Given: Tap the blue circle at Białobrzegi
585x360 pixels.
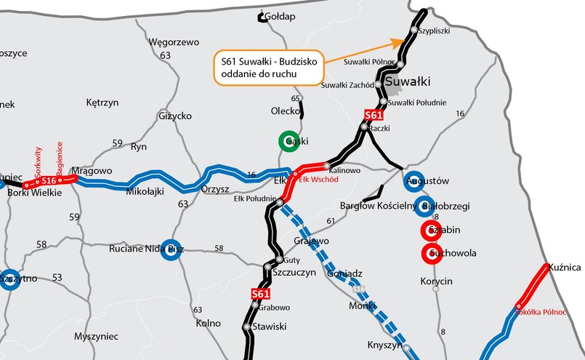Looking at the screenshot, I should pos(425,206).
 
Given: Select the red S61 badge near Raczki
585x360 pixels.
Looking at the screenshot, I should pos(373,115).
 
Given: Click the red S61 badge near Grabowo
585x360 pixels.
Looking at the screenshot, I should pos(261,294).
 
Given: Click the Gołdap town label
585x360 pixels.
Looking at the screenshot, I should pos(280,16).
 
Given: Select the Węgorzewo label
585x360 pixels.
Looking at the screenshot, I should pos(174,42).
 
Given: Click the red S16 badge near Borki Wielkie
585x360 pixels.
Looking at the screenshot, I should pos(49,180).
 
